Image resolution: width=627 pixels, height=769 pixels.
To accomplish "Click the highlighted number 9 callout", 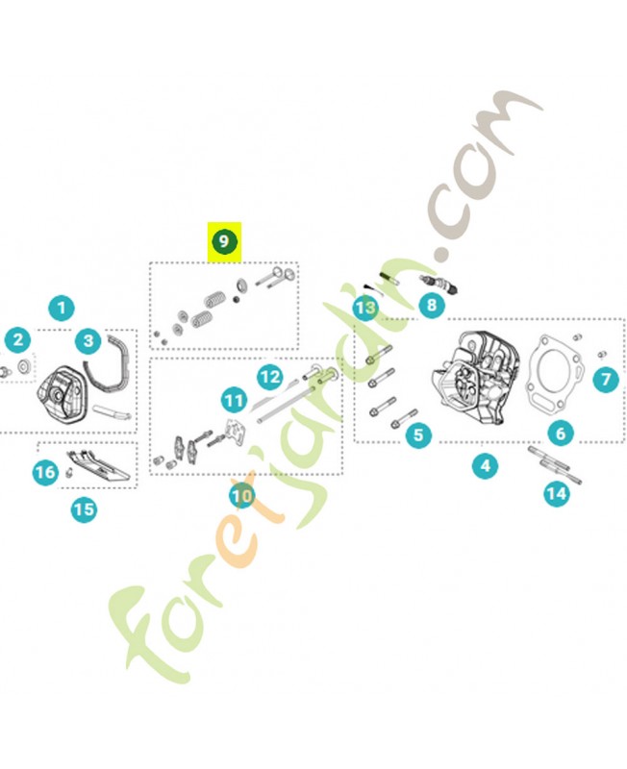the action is (x=224, y=241).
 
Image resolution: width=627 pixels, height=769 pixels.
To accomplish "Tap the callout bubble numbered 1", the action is (x=62, y=309).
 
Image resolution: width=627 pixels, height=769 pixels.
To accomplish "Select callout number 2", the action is (x=18, y=340).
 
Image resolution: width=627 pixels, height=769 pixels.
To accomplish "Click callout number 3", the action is (x=88, y=340).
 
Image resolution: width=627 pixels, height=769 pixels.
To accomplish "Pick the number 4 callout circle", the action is (x=486, y=465).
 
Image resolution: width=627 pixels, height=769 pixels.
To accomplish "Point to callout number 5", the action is (x=418, y=434).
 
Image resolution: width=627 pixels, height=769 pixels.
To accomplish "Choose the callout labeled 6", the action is (x=561, y=434).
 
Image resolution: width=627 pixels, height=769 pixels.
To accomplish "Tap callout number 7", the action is (x=606, y=379).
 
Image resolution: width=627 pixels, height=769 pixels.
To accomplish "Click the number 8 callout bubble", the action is (x=432, y=305).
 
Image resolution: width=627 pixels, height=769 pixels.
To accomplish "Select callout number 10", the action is (x=242, y=496).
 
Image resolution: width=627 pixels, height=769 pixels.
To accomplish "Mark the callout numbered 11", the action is (x=234, y=401).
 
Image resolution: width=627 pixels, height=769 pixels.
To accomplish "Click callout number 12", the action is (x=270, y=377).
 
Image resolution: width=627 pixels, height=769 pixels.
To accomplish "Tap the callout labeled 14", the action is (x=557, y=493).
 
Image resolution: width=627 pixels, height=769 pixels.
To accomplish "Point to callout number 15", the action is (x=84, y=509).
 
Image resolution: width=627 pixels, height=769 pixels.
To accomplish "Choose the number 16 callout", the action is (x=45, y=472).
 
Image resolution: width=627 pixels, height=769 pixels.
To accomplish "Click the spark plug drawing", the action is (x=439, y=284).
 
